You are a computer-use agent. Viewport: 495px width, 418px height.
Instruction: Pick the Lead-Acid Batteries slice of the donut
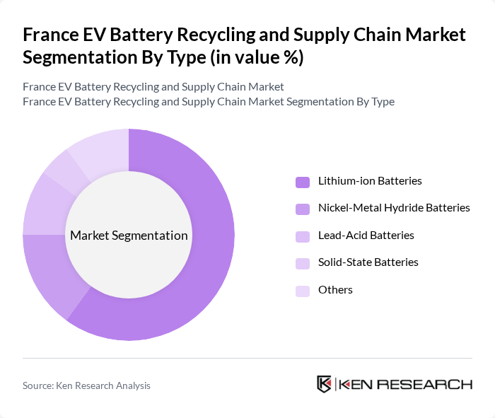pos(40,205)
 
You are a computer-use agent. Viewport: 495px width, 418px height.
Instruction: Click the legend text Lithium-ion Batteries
pos(369,181)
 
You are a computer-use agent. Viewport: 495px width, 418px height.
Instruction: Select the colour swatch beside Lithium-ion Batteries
pos(303,182)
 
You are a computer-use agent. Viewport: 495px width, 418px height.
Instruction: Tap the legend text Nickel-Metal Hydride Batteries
pos(394,208)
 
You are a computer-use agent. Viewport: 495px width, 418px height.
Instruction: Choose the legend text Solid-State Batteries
pos(368,262)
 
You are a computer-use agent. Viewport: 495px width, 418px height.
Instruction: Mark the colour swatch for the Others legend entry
pos(303,290)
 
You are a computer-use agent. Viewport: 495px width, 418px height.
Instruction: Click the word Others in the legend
pos(335,290)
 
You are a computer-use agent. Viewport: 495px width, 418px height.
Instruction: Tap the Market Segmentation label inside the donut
pos(129,236)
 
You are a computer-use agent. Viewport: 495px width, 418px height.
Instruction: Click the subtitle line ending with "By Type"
pos(208,102)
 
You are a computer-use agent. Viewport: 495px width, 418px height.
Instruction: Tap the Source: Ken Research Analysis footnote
pos(86,385)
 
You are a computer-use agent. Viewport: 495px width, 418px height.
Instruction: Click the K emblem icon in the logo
pos(325,384)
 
